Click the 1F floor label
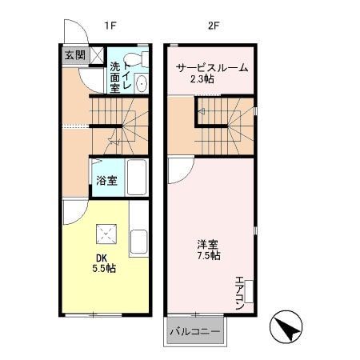[110, 25]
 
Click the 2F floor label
[213, 25]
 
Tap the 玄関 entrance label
[74, 55]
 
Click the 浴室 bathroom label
[106, 180]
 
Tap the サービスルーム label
[211, 68]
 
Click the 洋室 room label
[209, 244]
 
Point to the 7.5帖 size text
[210, 256]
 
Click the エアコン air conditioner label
[238, 293]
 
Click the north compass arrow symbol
[287, 326]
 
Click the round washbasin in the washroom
[141, 84]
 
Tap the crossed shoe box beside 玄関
[96, 55]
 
